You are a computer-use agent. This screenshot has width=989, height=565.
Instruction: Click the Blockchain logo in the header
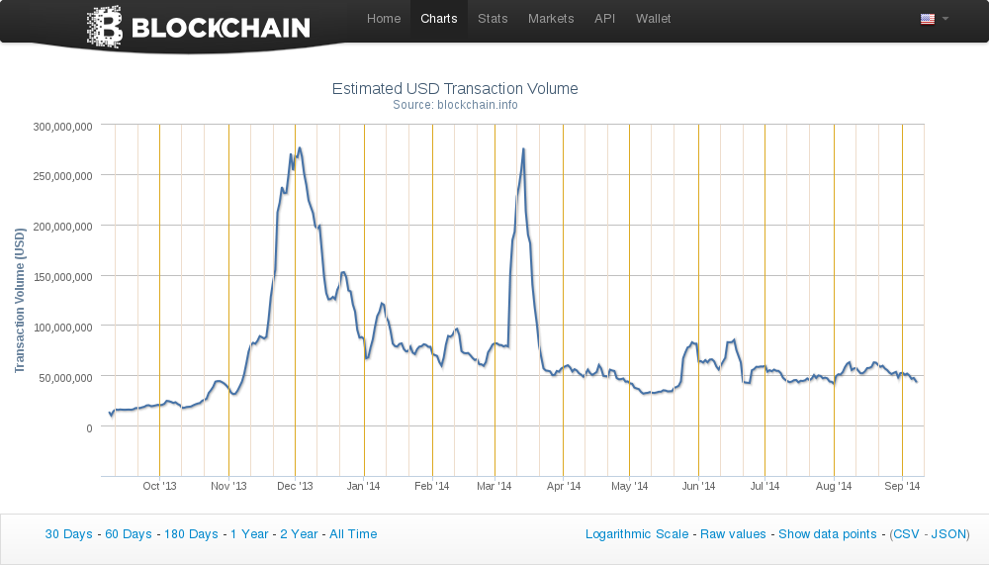[x=199, y=27]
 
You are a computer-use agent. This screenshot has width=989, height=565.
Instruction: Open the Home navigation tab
[x=384, y=19]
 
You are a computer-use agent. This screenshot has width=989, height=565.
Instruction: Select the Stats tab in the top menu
[x=493, y=19]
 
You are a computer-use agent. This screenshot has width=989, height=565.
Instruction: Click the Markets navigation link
[x=551, y=19]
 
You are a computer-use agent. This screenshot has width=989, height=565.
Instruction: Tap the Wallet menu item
[x=653, y=19]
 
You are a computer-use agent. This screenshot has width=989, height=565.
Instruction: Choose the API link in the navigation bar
[x=604, y=19]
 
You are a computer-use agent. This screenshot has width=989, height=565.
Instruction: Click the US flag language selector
[x=928, y=19]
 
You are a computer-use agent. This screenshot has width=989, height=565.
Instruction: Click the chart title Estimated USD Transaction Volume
[x=455, y=89]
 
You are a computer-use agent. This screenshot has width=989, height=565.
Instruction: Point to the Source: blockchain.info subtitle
[x=455, y=105]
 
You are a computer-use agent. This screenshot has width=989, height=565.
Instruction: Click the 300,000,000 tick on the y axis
[x=63, y=127]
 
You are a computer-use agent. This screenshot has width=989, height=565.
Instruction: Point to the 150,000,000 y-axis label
[x=63, y=277]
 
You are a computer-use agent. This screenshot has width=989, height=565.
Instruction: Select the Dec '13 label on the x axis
[x=295, y=487]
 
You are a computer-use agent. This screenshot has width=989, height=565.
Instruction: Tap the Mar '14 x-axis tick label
[x=494, y=487]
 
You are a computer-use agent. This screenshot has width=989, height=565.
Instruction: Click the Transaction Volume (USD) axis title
[x=19, y=300]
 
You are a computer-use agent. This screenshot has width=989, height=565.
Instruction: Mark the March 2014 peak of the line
[x=523, y=148]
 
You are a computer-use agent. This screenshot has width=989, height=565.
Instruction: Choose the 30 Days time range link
[x=68, y=534]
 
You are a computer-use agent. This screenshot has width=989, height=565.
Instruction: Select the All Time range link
[x=353, y=534]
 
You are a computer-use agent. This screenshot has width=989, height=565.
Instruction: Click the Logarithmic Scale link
[x=637, y=534]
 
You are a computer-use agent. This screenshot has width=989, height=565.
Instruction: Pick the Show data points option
[x=827, y=534]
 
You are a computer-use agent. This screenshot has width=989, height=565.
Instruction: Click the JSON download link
[x=949, y=534]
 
